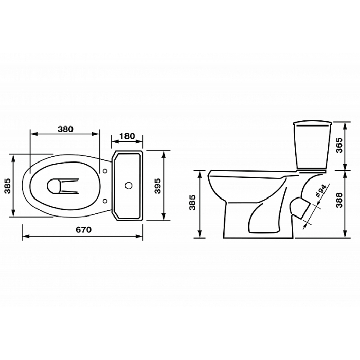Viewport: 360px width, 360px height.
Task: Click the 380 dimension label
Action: [65, 129]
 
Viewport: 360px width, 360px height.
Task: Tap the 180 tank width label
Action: [127, 136]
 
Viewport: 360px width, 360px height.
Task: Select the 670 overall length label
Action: [83, 229]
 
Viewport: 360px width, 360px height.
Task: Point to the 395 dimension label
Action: [157, 186]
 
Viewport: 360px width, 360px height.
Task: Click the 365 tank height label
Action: [338, 145]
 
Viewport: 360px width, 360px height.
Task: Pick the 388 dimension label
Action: [338, 200]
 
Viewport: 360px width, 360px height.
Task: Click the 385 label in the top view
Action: [8, 186]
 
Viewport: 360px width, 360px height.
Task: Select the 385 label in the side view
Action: [192, 203]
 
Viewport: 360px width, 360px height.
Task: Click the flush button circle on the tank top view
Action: [129, 186]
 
